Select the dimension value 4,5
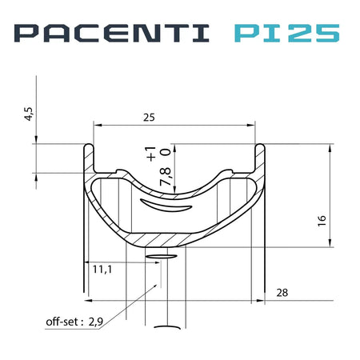coord(30,113)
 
